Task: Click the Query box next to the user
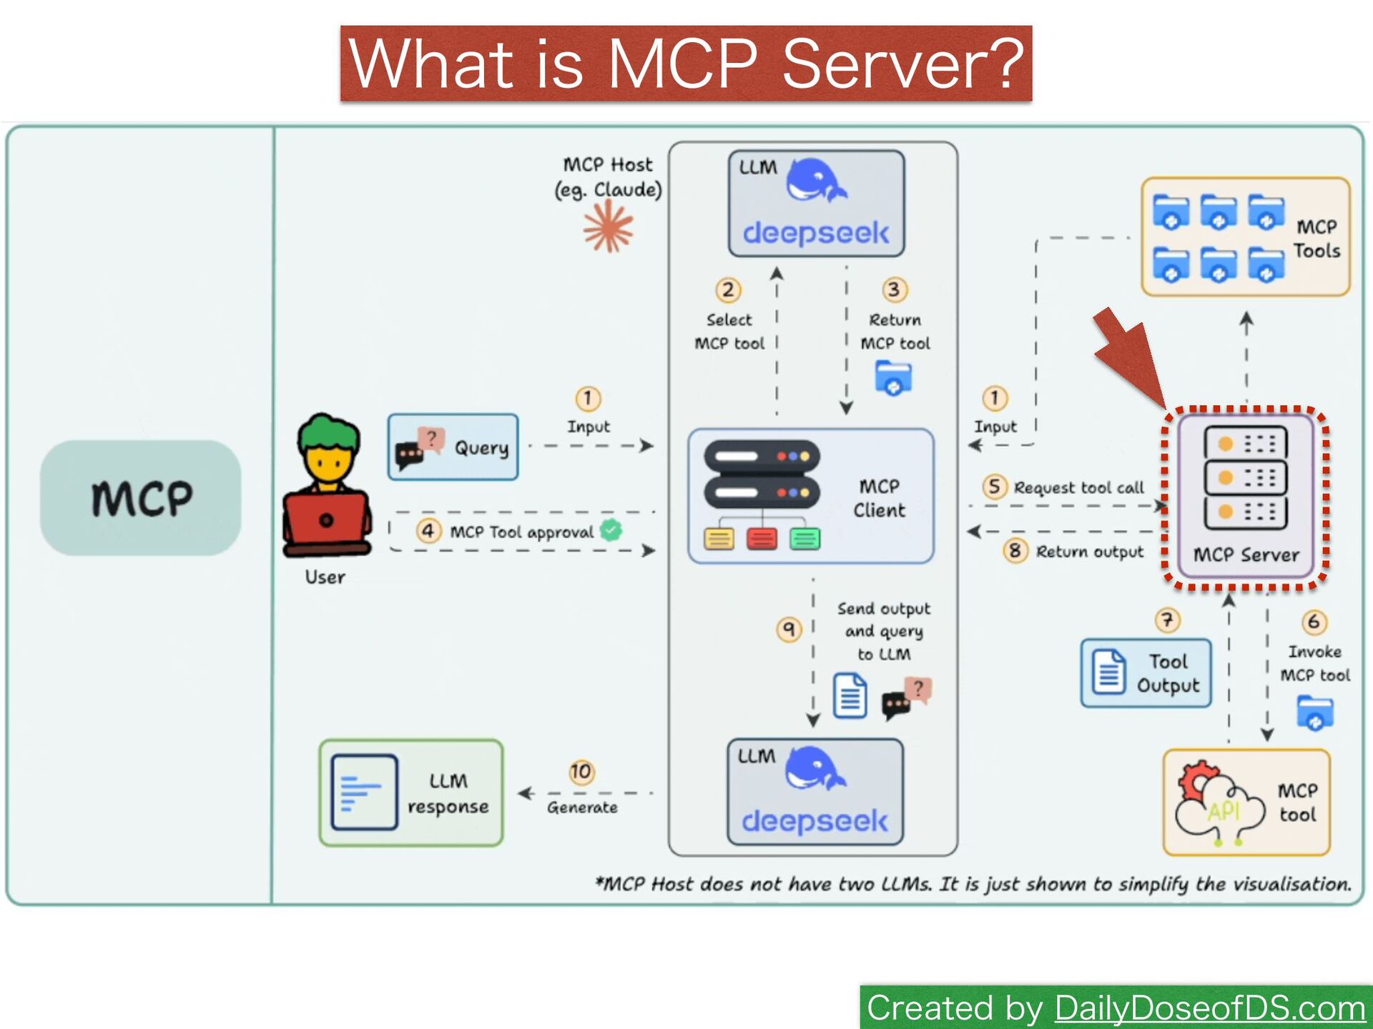coord(453,447)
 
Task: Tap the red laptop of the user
coord(327,519)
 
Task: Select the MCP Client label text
coord(879,498)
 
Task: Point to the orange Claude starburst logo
coord(608,227)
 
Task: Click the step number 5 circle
coord(994,487)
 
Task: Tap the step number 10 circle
coord(581,772)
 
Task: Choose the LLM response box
coord(411,792)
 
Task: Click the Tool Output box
coord(1146,673)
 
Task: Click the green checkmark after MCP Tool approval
coord(611,530)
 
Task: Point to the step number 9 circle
coord(789,629)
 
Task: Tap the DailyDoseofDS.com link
coord(1210,1008)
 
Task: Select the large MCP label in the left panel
coord(142,498)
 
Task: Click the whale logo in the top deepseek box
coord(817,182)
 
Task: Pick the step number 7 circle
coord(1167,620)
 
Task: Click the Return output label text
coord(1089,552)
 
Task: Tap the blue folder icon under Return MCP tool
coord(893,377)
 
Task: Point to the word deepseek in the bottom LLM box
coord(815,822)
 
